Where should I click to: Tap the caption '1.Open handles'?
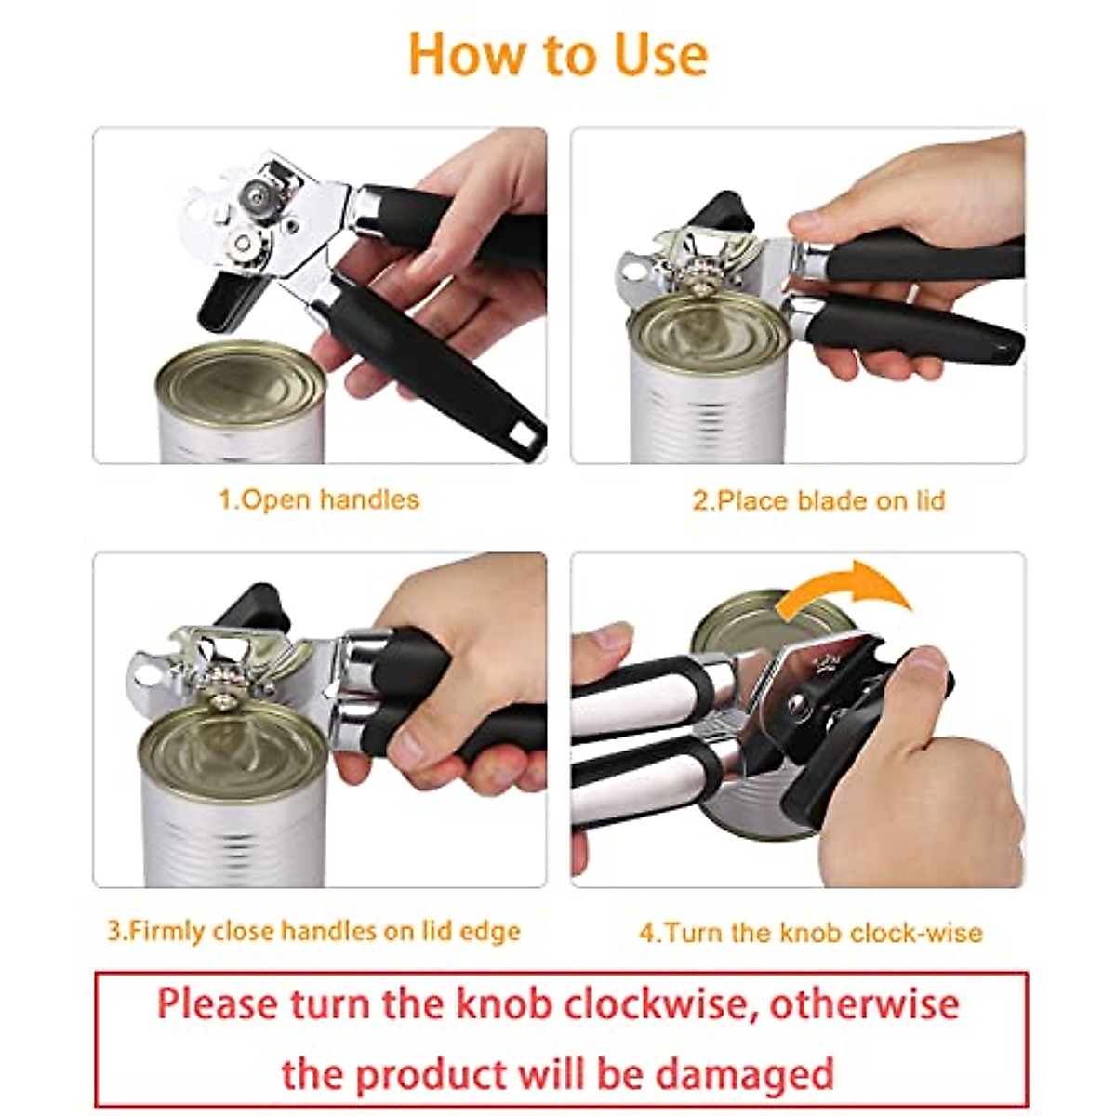tap(319, 499)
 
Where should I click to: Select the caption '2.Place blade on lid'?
tap(818, 500)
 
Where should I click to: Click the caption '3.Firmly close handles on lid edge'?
tap(313, 931)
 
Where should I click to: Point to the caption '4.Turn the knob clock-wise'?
tap(810, 932)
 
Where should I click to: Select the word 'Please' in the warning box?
tap(217, 1004)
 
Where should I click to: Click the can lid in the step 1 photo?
tap(240, 381)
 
